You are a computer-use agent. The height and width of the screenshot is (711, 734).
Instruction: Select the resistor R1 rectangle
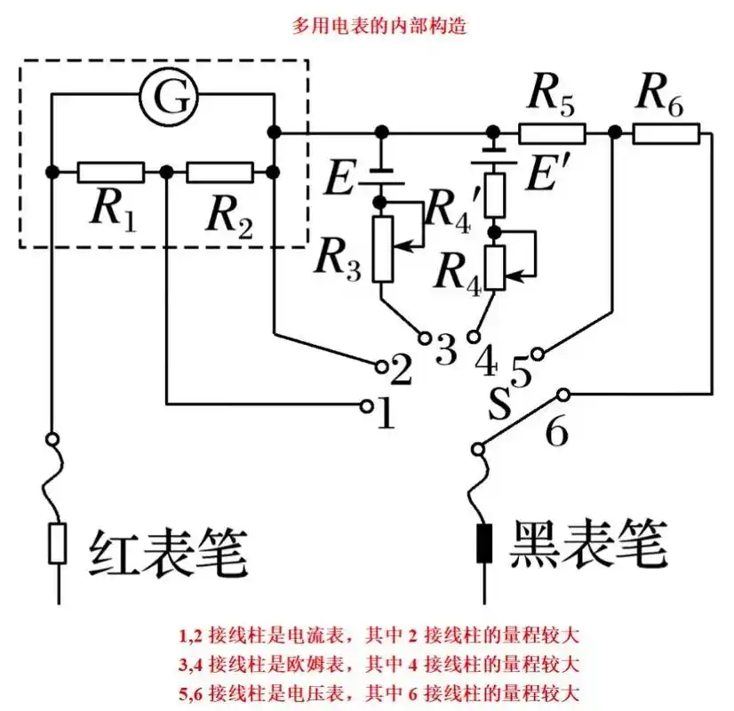coord(110,172)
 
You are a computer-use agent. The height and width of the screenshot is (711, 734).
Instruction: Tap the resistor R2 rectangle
coord(219,172)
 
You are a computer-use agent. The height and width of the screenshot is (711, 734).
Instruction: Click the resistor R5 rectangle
coord(552,133)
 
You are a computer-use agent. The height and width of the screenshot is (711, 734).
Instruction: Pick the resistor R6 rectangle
coord(666,133)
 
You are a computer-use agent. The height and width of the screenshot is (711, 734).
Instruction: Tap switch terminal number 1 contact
coord(365,406)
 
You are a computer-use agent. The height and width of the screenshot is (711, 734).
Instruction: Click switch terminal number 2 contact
coord(380,365)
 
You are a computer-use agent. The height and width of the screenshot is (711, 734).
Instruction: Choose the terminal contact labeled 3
coord(425,339)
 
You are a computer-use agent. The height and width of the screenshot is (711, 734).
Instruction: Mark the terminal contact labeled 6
coord(562,393)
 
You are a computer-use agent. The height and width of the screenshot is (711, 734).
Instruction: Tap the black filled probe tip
coord(484,543)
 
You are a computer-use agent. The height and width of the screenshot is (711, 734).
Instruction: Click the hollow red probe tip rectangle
coord(58,543)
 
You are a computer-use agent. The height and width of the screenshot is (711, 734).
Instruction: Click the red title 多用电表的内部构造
coord(368,25)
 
